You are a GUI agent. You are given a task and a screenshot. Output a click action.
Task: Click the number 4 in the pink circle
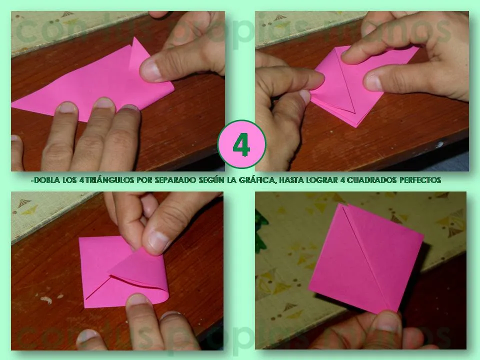(242, 145)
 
